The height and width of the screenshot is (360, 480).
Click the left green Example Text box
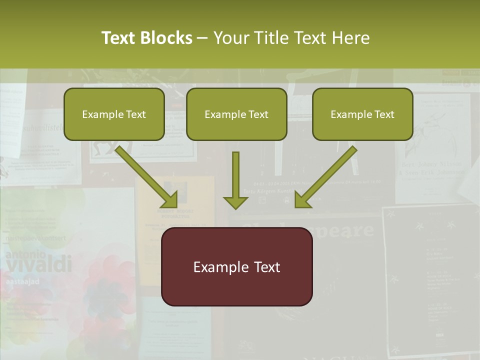click(x=114, y=114)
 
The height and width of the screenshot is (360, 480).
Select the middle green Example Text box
click(x=236, y=114)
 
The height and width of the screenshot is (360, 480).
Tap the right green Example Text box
click(x=362, y=114)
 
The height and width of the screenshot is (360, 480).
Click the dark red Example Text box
click(x=236, y=266)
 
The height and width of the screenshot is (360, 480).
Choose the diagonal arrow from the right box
click(x=325, y=176)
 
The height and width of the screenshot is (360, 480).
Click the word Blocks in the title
click(x=166, y=38)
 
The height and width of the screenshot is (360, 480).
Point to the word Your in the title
click(x=230, y=38)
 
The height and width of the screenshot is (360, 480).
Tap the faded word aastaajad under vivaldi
click(x=23, y=281)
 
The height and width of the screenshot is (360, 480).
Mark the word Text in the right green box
click(x=384, y=114)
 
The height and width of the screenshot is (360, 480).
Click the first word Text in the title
click(x=119, y=38)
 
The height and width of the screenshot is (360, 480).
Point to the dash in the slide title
click(x=202, y=38)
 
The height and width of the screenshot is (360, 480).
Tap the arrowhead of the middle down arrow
click(x=235, y=202)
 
